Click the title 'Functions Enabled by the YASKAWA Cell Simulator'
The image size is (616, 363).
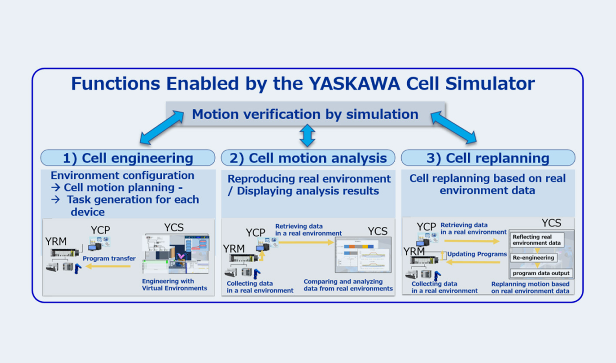pyautogui.click(x=303, y=84)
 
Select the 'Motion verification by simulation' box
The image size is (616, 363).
pyautogui.click(x=305, y=114)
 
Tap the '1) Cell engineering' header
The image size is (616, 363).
pyautogui.click(x=128, y=158)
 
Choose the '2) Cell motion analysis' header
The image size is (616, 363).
pyautogui.click(x=308, y=158)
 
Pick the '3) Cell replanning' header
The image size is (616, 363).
pyautogui.click(x=488, y=158)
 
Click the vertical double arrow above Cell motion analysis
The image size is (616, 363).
pyautogui.click(x=307, y=135)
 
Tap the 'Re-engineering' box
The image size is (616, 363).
pyautogui.click(x=533, y=258)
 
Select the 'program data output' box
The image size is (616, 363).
pyautogui.click(x=541, y=273)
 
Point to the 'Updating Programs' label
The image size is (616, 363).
pyautogui.click(x=476, y=254)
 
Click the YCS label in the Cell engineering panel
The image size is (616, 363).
pyautogui.click(x=174, y=228)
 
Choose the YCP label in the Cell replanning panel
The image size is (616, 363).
pyautogui.click(x=426, y=227)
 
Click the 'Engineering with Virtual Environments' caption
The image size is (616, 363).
pyautogui.click(x=174, y=285)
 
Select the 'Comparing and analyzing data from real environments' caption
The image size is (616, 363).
pyautogui.click(x=348, y=285)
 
